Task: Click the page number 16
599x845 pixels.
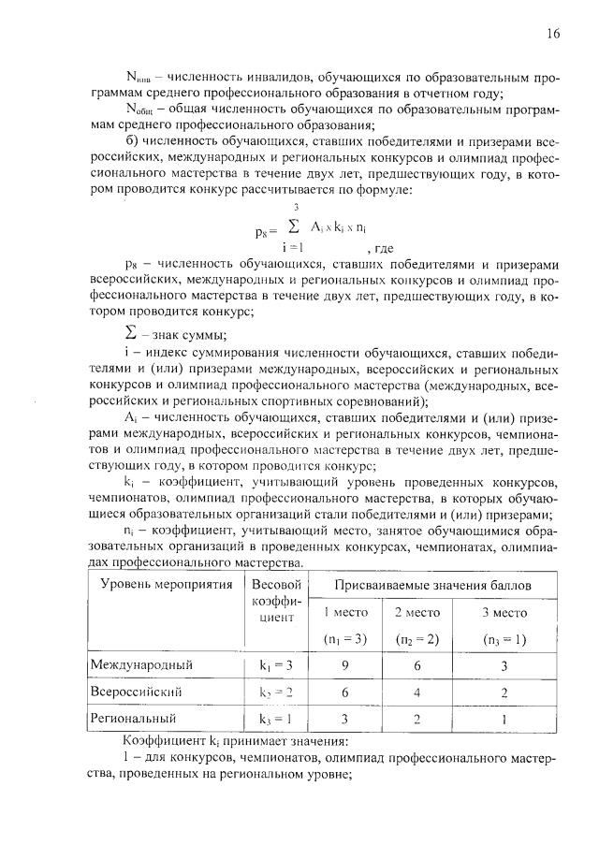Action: [x=553, y=35]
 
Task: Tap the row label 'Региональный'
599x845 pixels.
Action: [x=133, y=720]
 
